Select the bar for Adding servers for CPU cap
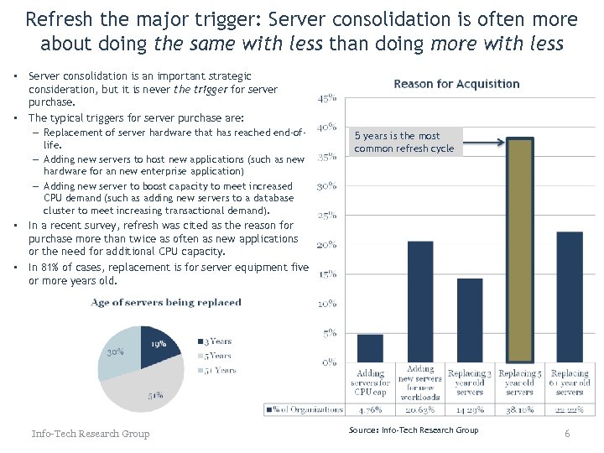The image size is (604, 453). [x=370, y=348]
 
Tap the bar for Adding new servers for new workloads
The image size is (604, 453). [x=419, y=301]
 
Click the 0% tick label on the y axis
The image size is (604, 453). [x=329, y=362]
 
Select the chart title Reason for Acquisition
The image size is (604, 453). [x=456, y=84]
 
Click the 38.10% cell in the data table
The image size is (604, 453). [x=520, y=410]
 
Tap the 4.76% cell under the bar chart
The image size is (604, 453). [x=370, y=410]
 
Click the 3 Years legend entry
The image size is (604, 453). [x=215, y=341]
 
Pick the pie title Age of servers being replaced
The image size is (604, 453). [x=165, y=303]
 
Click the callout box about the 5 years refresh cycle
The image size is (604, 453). [x=404, y=142]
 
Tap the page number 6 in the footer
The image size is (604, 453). [x=567, y=434]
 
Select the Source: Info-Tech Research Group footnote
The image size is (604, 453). [x=414, y=430]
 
